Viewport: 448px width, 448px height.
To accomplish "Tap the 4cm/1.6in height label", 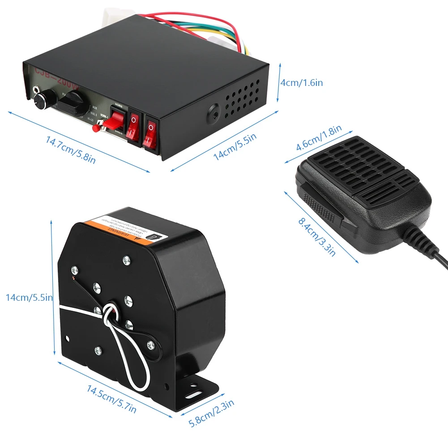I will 301,83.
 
